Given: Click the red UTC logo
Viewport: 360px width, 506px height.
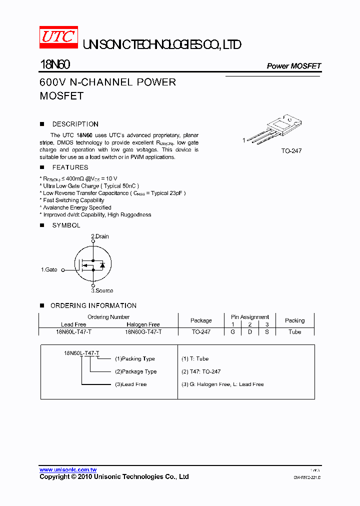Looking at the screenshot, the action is pyautogui.click(x=58, y=37).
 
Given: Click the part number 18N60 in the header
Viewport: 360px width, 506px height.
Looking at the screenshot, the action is pyautogui.click(x=55, y=65).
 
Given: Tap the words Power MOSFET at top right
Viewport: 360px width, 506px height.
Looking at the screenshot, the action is pyautogui.click(x=293, y=66).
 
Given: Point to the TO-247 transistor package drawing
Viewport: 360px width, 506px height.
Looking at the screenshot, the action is pyautogui.click(x=277, y=130).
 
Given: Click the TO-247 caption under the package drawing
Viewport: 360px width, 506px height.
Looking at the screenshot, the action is pyautogui.click(x=291, y=150).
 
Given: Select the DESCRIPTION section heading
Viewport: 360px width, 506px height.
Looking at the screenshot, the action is pyautogui.click(x=75, y=124).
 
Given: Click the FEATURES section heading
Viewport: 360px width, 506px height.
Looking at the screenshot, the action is pyautogui.click(x=70, y=167).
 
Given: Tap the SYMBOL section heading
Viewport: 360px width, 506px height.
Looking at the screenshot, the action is pyautogui.click(x=66, y=225).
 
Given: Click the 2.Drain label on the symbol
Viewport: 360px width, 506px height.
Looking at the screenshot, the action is pyautogui.click(x=100, y=236).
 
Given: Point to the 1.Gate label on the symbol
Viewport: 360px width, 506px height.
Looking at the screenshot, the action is pyautogui.click(x=49, y=269).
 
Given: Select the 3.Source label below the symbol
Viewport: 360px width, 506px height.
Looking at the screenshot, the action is pyautogui.click(x=102, y=290).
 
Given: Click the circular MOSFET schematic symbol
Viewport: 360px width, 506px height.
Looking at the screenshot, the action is pyautogui.click(x=92, y=264).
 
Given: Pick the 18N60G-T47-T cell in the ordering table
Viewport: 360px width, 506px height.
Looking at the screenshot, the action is pyautogui.click(x=143, y=331).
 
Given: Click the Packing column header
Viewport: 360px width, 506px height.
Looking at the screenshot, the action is pyautogui.click(x=294, y=320).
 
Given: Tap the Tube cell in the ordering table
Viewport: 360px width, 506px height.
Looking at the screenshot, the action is pyautogui.click(x=294, y=331).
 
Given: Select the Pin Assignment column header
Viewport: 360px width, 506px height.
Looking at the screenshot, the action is pyautogui.click(x=249, y=317).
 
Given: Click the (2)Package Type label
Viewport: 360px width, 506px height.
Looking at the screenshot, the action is pyautogui.click(x=136, y=371).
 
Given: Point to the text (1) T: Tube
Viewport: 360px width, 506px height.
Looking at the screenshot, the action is pyautogui.click(x=195, y=358).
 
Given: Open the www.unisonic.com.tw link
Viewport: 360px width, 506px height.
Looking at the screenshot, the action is pyautogui.click(x=68, y=470).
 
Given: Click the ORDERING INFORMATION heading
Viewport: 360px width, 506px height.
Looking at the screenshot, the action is pyautogui.click(x=93, y=305).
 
